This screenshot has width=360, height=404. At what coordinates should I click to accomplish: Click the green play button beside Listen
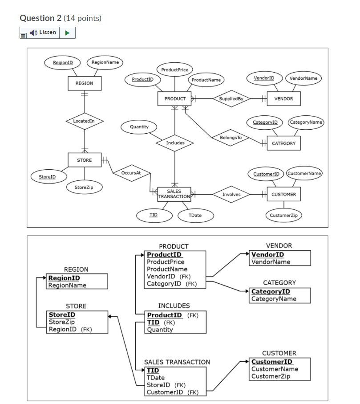click(x=68, y=33)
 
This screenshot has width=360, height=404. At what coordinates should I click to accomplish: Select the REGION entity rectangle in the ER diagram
click(x=84, y=83)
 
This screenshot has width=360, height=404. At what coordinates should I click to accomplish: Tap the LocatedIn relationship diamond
click(x=84, y=121)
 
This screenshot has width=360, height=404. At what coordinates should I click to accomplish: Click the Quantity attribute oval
click(x=139, y=127)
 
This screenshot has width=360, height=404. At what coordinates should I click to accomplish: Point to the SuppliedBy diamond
click(x=231, y=98)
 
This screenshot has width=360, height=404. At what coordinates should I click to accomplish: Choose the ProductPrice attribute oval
click(x=174, y=70)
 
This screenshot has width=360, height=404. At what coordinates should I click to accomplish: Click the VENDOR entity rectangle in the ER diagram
click(x=283, y=98)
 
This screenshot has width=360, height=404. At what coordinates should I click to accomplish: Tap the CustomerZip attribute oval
click(x=284, y=215)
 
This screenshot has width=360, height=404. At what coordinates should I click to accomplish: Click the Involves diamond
click(x=231, y=194)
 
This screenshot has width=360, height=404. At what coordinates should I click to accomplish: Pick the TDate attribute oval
click(x=195, y=215)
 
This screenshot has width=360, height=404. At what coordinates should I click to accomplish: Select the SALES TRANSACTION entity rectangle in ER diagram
click(x=174, y=194)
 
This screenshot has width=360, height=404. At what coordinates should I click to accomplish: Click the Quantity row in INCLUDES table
click(x=160, y=330)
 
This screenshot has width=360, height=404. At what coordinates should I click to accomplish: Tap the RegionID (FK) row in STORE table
click(x=70, y=329)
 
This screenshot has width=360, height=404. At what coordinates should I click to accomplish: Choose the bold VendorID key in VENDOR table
click(x=267, y=255)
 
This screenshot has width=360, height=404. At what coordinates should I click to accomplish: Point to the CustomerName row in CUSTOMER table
click(x=275, y=369)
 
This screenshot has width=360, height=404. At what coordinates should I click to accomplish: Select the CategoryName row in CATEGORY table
click(x=274, y=298)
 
